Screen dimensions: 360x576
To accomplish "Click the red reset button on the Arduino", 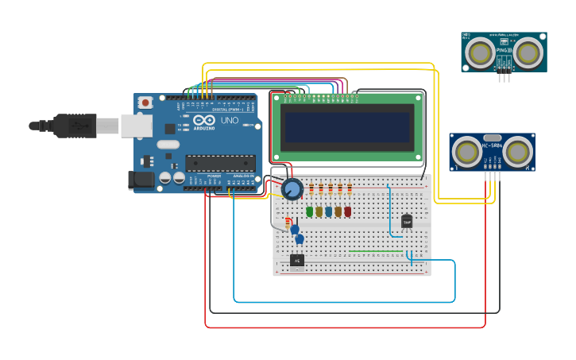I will [145, 103].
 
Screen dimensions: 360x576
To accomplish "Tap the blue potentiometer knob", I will [292, 189].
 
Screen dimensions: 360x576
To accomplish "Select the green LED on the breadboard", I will [309, 211].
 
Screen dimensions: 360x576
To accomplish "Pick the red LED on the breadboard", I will [347, 211].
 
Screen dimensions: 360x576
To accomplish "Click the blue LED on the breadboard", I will [328, 211].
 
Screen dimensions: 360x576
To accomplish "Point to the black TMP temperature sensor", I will [407, 222].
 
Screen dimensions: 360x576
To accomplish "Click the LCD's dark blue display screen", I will [346, 127].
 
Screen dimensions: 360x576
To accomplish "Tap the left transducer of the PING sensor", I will [479, 52].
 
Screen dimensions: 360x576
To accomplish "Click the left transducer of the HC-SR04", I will [466, 151].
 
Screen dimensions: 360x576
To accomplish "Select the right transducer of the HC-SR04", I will [517, 151].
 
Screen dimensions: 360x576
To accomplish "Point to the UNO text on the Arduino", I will [229, 121].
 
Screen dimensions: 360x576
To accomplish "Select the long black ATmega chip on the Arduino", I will [220, 163].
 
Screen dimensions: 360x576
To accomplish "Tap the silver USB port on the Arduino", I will [136, 126].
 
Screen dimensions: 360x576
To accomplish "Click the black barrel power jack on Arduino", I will [141, 181].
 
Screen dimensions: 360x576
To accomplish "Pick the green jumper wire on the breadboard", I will [376, 252].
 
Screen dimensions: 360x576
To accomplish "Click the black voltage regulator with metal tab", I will [297, 260].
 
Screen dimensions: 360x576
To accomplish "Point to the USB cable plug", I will [75, 126].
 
